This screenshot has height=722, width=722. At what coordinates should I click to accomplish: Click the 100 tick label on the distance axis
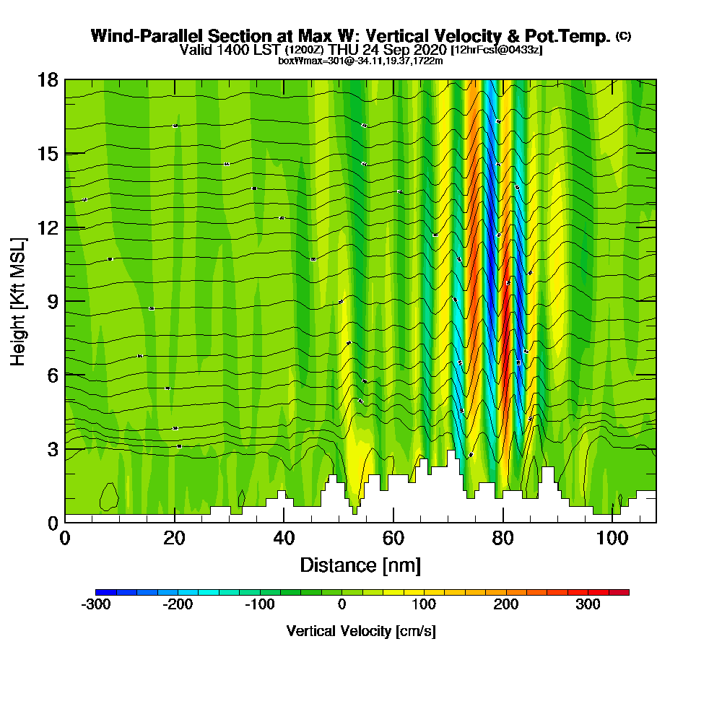point(612,538)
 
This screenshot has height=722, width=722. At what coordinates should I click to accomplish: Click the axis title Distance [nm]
point(360,565)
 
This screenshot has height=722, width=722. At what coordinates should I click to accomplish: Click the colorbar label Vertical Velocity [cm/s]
point(361,631)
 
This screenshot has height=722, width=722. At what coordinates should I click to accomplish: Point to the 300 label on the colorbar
point(588,604)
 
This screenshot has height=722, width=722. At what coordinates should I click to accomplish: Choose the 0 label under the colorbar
point(342,604)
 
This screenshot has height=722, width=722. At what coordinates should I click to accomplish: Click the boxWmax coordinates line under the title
point(360,61)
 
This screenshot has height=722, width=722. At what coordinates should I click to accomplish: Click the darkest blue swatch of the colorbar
point(100,592)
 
